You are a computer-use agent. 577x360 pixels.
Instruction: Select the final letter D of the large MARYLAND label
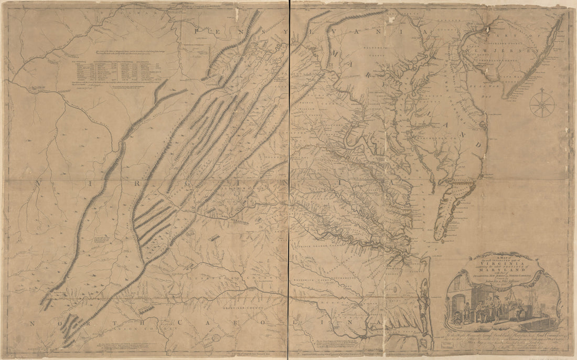(479, 143)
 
